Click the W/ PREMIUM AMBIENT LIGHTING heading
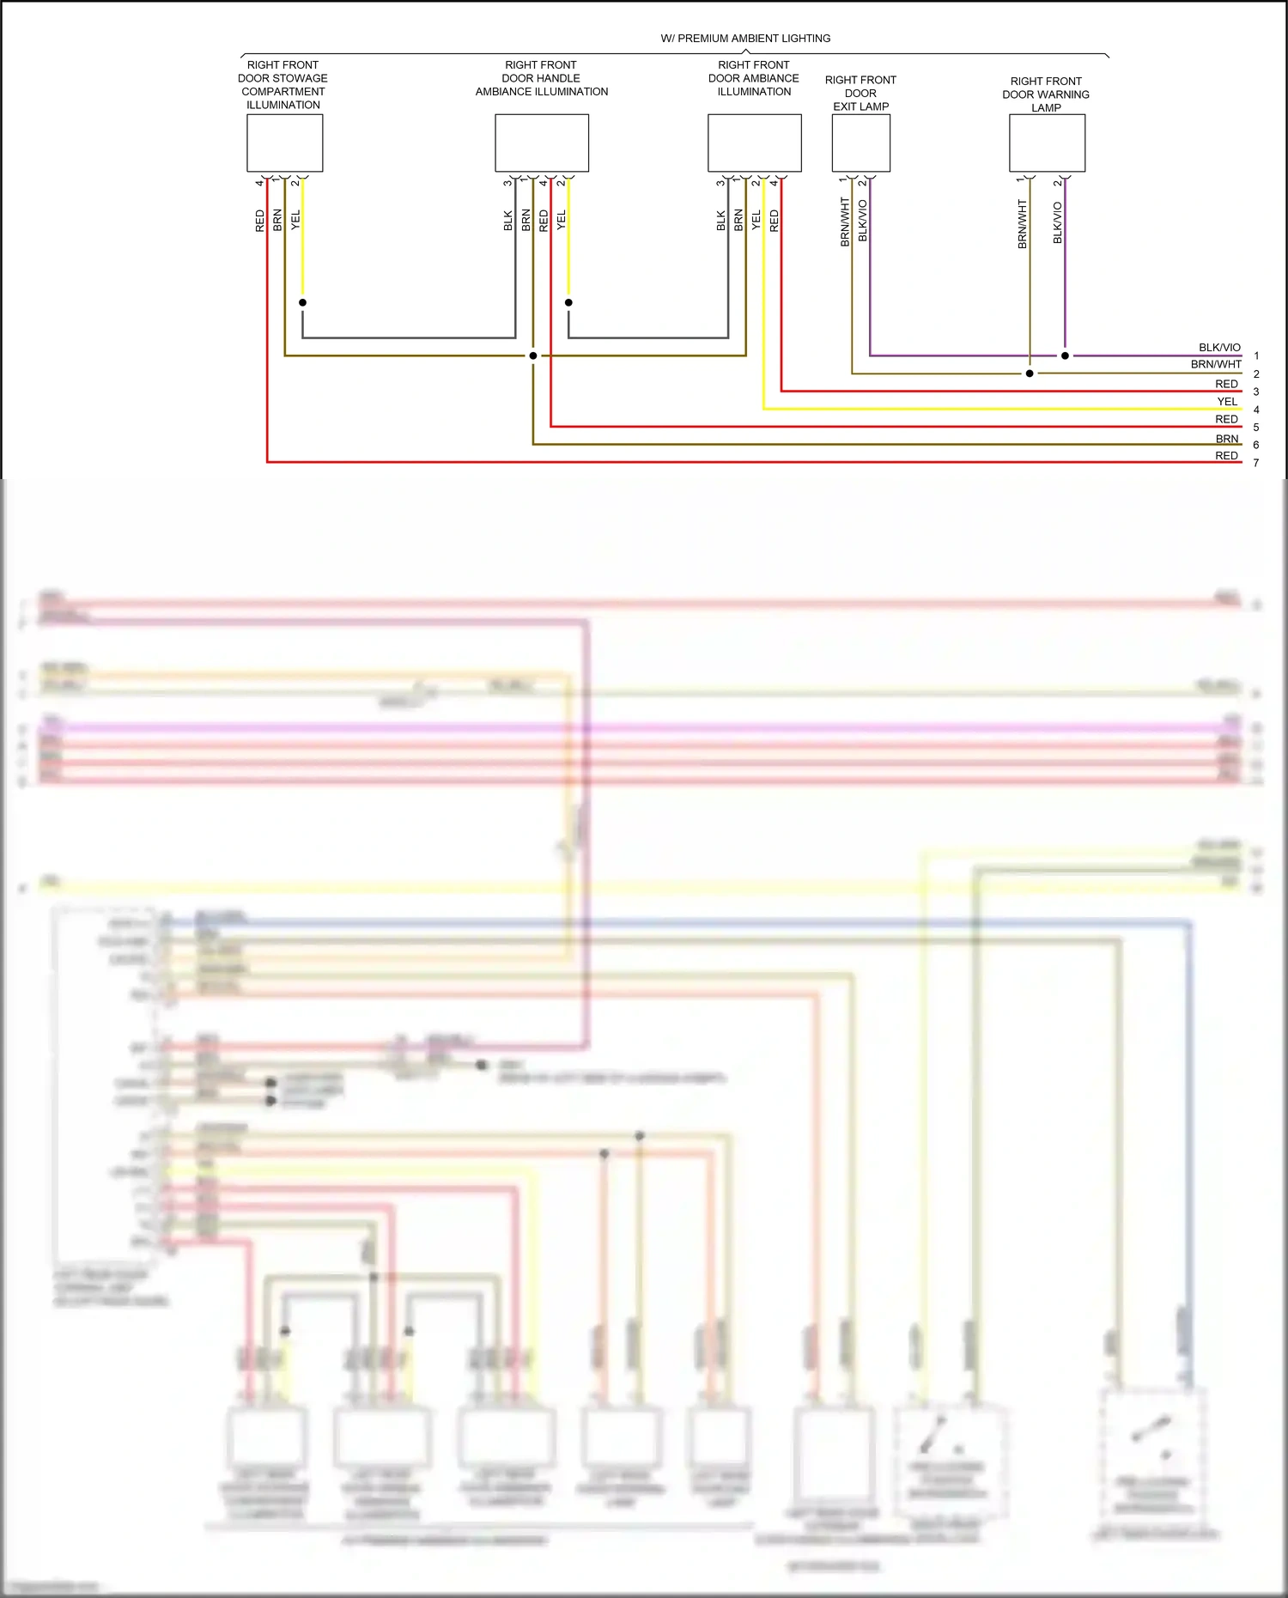click(745, 39)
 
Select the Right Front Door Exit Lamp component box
click(860, 143)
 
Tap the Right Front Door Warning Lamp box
click(1047, 143)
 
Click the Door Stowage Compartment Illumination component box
click(284, 143)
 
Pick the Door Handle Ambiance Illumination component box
click(541, 143)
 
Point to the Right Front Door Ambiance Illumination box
click(754, 143)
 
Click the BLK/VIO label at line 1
click(1219, 348)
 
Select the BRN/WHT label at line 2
click(1216, 364)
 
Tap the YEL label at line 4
click(1227, 401)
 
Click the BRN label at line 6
click(1227, 438)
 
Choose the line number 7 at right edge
click(1256, 463)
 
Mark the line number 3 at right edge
click(1256, 392)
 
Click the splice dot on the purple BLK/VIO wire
click(1065, 355)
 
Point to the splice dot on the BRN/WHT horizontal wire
click(1030, 374)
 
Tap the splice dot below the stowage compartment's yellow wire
click(302, 302)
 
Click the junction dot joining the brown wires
click(533, 355)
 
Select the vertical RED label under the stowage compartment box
click(260, 221)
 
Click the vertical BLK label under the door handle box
click(508, 221)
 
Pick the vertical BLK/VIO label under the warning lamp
click(1058, 222)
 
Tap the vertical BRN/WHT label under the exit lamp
click(845, 222)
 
